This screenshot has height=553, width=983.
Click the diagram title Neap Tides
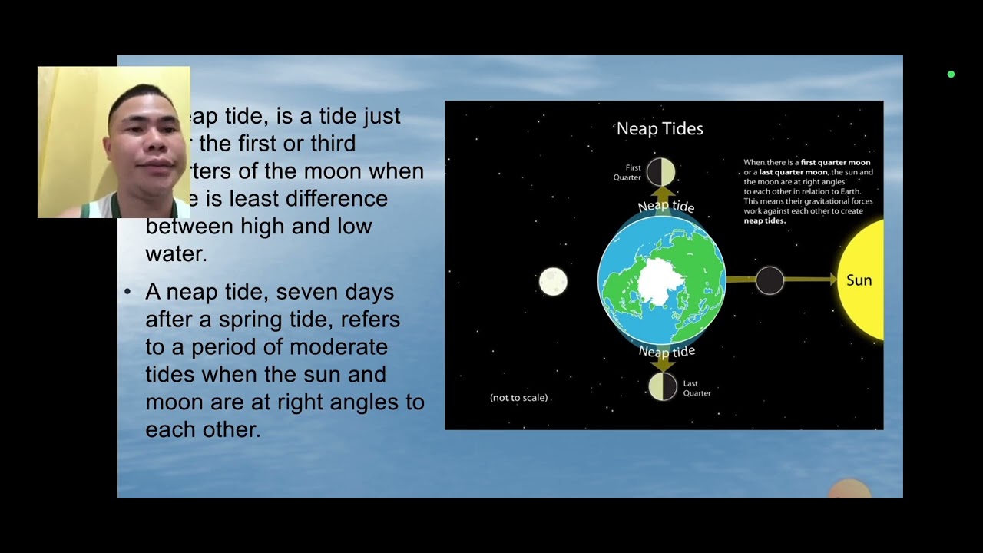pyautogui.click(x=660, y=129)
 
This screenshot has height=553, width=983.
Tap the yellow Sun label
pyautogui.click(x=859, y=280)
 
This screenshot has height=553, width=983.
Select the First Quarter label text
pyautogui.click(x=627, y=173)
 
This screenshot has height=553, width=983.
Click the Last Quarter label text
pyautogui.click(x=697, y=389)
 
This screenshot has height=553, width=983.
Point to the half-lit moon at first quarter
pyautogui.click(x=660, y=172)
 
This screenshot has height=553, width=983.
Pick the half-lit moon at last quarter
pyautogui.click(x=662, y=386)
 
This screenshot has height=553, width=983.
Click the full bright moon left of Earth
pyautogui.click(x=553, y=282)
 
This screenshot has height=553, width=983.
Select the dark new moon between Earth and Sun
pyautogui.click(x=770, y=280)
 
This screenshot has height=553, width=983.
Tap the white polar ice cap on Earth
pyautogui.click(x=656, y=280)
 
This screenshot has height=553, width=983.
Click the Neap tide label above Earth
pyautogui.click(x=666, y=207)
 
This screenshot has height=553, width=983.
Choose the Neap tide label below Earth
pyautogui.click(x=667, y=352)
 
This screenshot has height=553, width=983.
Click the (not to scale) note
pyautogui.click(x=518, y=398)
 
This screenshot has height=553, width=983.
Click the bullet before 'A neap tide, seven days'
pyautogui.click(x=127, y=292)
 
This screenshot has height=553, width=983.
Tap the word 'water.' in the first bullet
pyautogui.click(x=176, y=254)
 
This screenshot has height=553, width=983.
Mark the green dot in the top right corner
pyautogui.click(x=951, y=75)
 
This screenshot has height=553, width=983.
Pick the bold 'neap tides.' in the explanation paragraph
pyautogui.click(x=764, y=220)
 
